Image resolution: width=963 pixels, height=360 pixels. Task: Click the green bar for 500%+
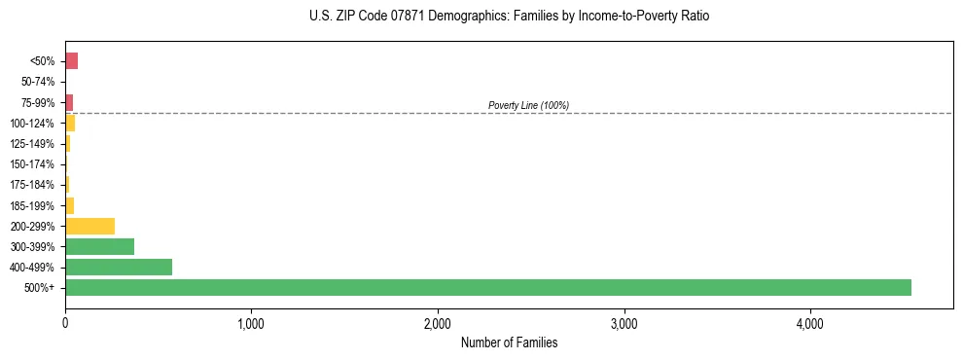click(487, 287)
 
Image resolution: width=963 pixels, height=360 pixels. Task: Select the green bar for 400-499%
click(119, 267)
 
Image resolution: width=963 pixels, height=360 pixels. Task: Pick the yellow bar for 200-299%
click(89, 226)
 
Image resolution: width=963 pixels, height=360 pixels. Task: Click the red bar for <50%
click(71, 61)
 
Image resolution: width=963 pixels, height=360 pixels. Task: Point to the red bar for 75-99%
click(69, 102)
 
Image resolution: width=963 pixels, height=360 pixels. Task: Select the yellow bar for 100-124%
click(70, 123)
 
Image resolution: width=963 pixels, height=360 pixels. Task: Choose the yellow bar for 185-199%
click(69, 205)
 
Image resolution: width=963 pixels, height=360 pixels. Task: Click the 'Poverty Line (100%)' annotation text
click(528, 105)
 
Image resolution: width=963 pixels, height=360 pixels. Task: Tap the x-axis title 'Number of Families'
click(509, 342)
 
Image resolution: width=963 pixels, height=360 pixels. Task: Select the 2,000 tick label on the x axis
click(438, 323)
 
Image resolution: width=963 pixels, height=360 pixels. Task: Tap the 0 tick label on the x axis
click(65, 323)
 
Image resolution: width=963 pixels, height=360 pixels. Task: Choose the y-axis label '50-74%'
click(39, 82)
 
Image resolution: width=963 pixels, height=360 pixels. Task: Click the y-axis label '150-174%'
click(32, 164)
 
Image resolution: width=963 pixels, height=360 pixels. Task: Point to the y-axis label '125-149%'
click(32, 144)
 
